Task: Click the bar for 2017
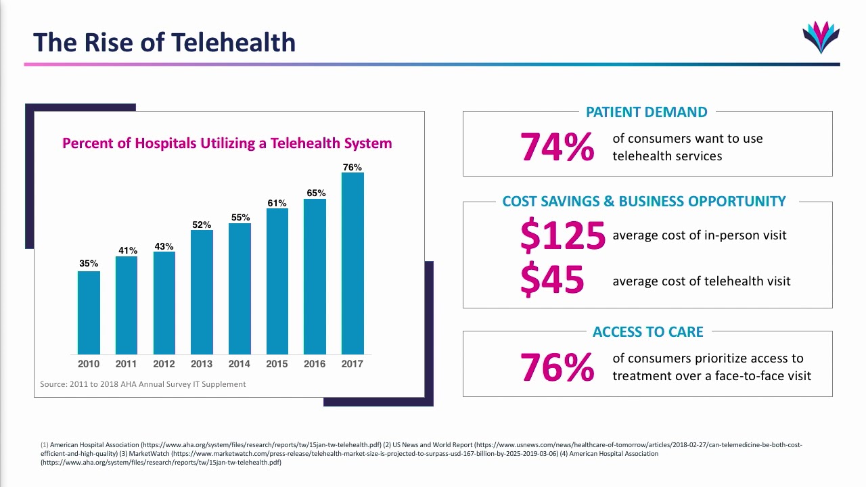352,263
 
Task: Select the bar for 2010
89,312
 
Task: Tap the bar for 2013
202,292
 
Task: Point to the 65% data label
316,193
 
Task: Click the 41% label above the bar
128,250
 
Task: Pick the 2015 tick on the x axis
277,364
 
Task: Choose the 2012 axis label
164,364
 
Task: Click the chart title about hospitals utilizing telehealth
227,143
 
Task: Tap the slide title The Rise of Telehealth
164,42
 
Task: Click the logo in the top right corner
821,37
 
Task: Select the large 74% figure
557,147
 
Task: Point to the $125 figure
562,235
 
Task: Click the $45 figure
552,280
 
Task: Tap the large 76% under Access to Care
557,367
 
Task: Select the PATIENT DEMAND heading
646,112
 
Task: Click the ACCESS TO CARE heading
647,332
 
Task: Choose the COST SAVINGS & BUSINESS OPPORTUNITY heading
644,202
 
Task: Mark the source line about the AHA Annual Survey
143,384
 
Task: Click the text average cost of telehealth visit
701,281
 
